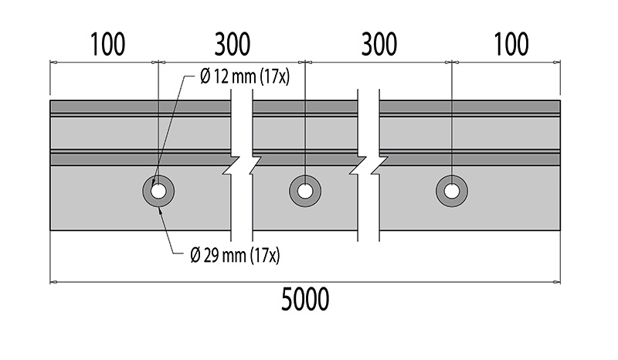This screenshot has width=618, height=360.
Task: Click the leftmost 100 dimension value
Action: click(x=108, y=44)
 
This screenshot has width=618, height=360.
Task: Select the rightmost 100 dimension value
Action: click(x=511, y=44)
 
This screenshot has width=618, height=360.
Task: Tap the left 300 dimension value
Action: click(x=233, y=44)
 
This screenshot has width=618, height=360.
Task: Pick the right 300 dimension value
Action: click(x=379, y=44)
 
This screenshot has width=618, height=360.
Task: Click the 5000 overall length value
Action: click(x=305, y=299)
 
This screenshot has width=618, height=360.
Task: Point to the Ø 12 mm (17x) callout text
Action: click(x=245, y=76)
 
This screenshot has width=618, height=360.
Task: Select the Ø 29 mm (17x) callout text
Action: click(x=235, y=255)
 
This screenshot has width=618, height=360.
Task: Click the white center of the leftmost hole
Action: click(x=158, y=192)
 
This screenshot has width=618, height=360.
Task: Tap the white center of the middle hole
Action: click(x=305, y=192)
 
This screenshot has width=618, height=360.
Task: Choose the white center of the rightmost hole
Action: click(x=452, y=192)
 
